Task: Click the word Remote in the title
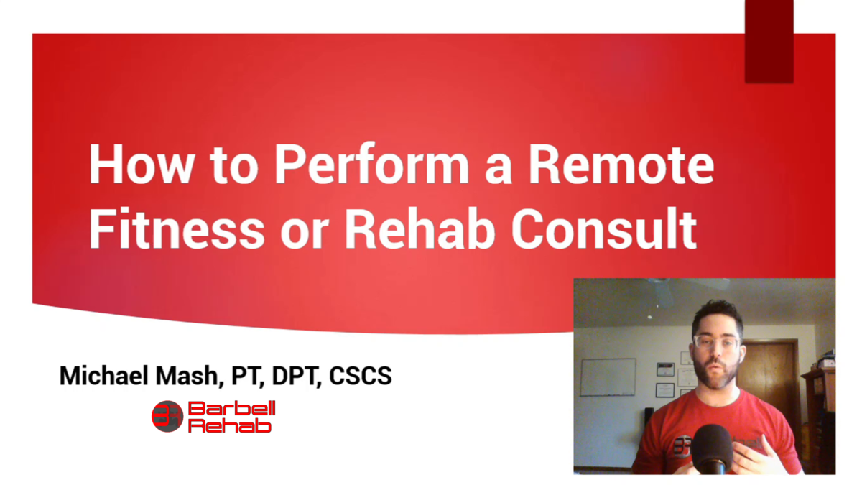(x=621, y=165)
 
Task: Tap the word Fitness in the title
(x=176, y=230)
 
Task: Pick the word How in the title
(x=141, y=165)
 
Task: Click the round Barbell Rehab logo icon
(x=167, y=417)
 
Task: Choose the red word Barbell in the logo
(x=231, y=409)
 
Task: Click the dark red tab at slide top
(x=769, y=41)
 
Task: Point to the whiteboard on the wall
(x=608, y=377)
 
